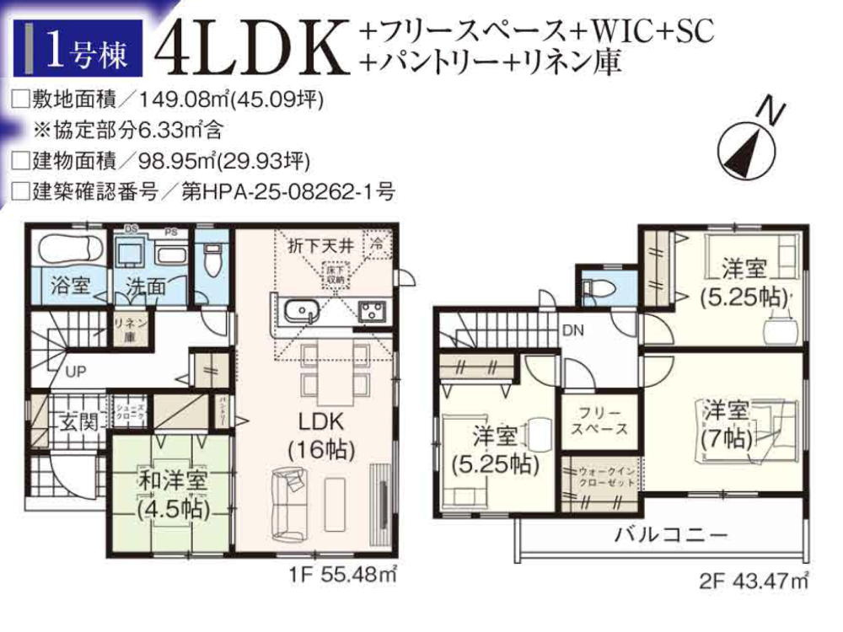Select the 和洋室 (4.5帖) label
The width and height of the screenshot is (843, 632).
click(172, 495)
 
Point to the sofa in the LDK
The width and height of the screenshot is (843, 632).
click(291, 504)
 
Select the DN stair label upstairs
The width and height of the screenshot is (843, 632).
click(573, 329)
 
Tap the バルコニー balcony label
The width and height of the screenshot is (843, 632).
click(670, 533)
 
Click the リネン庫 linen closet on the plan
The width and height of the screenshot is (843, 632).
click(127, 329)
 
